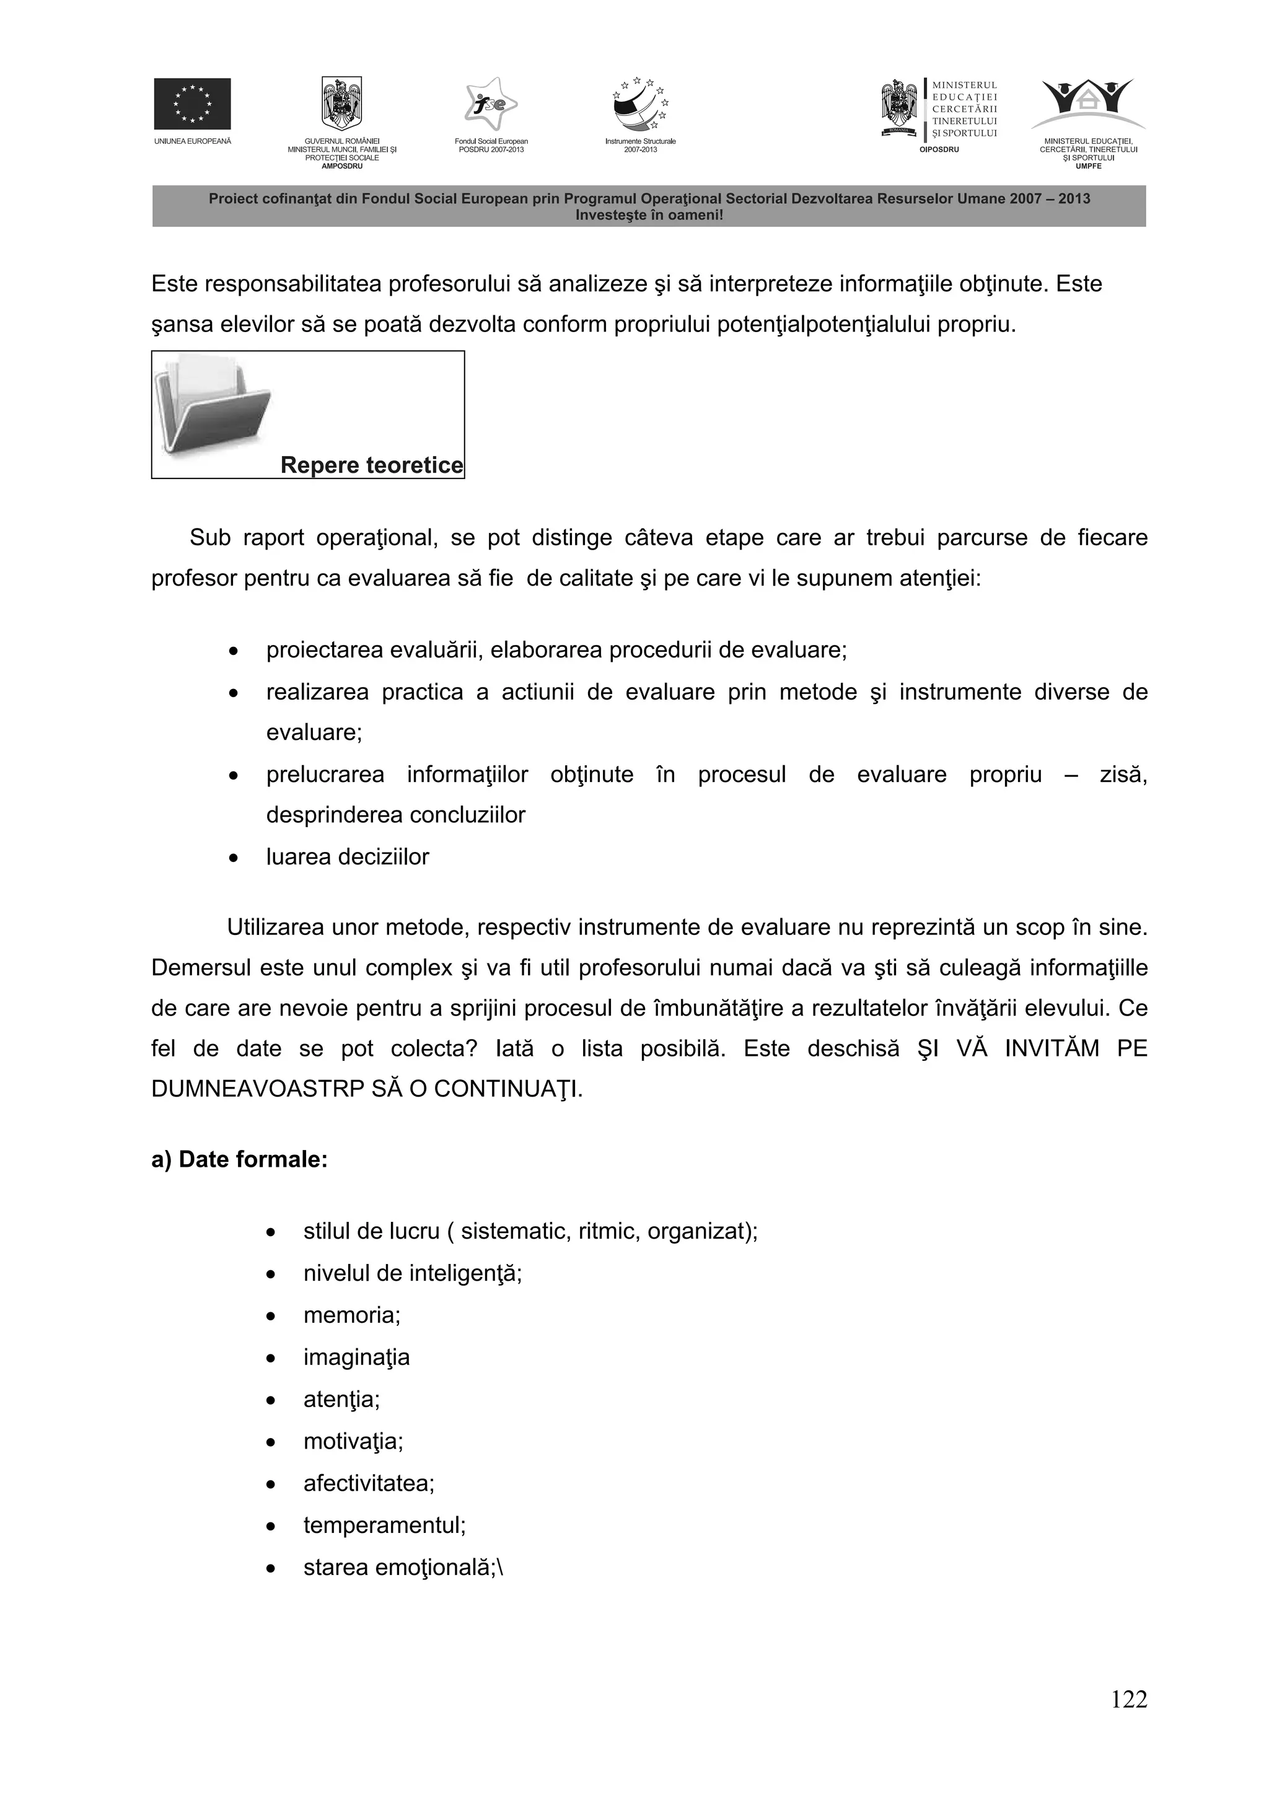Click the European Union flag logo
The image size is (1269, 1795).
(x=191, y=103)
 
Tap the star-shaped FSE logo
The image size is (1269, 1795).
(x=490, y=104)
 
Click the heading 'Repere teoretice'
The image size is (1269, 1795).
(x=371, y=465)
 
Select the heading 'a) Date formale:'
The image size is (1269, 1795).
(x=239, y=1159)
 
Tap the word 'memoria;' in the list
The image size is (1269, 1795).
(x=352, y=1314)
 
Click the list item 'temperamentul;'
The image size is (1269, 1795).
(x=384, y=1524)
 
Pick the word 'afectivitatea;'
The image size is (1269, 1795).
(x=368, y=1482)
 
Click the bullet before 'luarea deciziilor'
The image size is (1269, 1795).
(x=233, y=858)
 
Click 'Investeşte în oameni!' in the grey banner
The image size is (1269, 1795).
(x=649, y=215)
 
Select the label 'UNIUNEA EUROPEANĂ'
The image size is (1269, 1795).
(x=192, y=141)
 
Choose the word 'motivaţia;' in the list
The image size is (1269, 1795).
(x=353, y=1440)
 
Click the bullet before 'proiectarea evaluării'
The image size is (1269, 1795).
(x=233, y=651)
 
